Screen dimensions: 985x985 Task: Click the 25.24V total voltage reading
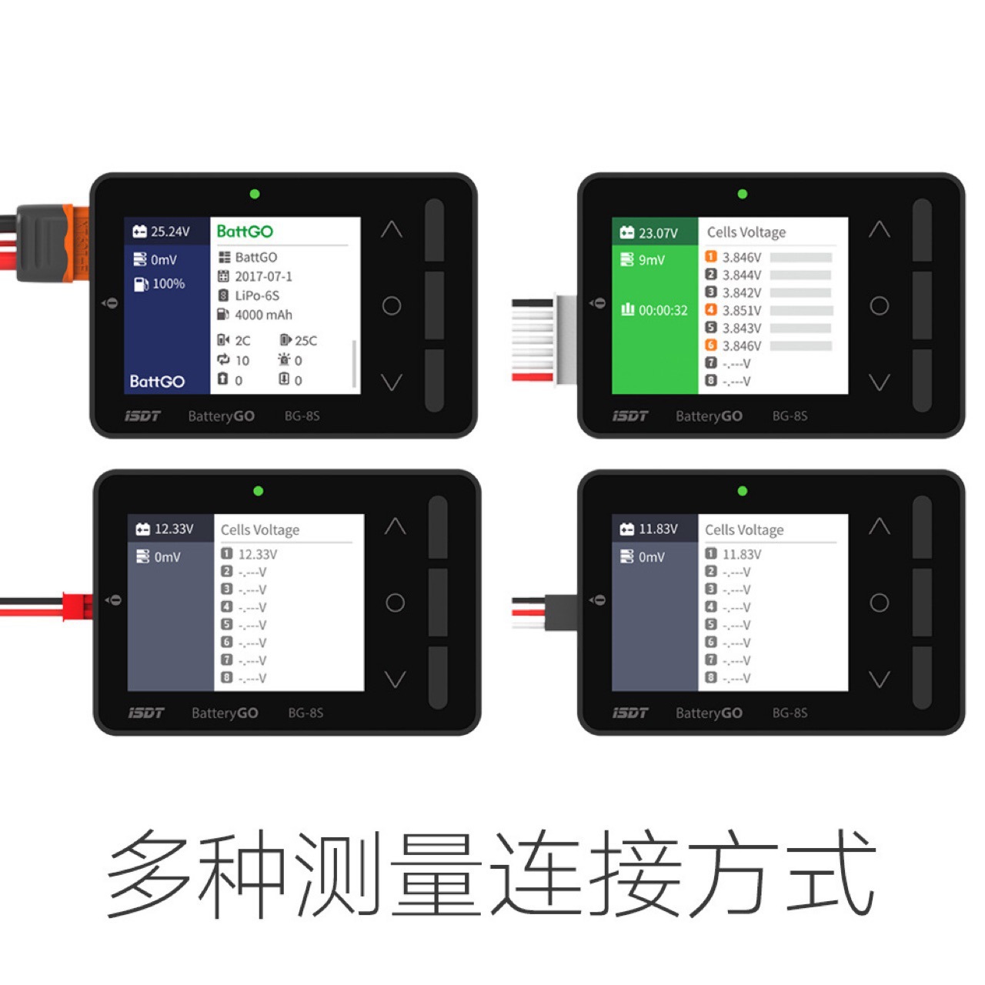pyautogui.click(x=170, y=232)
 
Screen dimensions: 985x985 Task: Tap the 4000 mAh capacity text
pyautogui.click(x=263, y=315)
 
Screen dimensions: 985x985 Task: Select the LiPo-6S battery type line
pyautogui.click(x=257, y=296)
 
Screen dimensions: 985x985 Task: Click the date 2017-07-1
pyautogui.click(x=263, y=276)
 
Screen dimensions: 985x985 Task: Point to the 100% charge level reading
pyautogui.click(x=169, y=284)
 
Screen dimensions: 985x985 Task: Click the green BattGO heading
pyautogui.click(x=245, y=232)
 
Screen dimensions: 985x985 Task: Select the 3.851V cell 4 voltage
pyautogui.click(x=742, y=311)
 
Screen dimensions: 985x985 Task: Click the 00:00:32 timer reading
pyautogui.click(x=663, y=310)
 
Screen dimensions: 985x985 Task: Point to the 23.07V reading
pyautogui.click(x=658, y=234)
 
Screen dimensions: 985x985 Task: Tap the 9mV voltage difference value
pyautogui.click(x=651, y=260)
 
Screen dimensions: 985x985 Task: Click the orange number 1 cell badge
pyautogui.click(x=710, y=256)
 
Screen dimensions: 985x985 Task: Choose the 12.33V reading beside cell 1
pyautogui.click(x=258, y=554)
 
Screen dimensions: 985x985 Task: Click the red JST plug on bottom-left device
pyautogui.click(x=78, y=606)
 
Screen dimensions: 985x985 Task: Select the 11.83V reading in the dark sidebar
pyautogui.click(x=659, y=529)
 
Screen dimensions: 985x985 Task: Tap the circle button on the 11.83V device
pyautogui.click(x=879, y=603)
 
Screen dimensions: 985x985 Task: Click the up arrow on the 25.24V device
pyautogui.click(x=392, y=229)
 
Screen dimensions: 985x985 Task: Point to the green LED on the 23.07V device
pyautogui.click(x=742, y=194)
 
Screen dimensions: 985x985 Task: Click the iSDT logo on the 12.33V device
pyautogui.click(x=145, y=713)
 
